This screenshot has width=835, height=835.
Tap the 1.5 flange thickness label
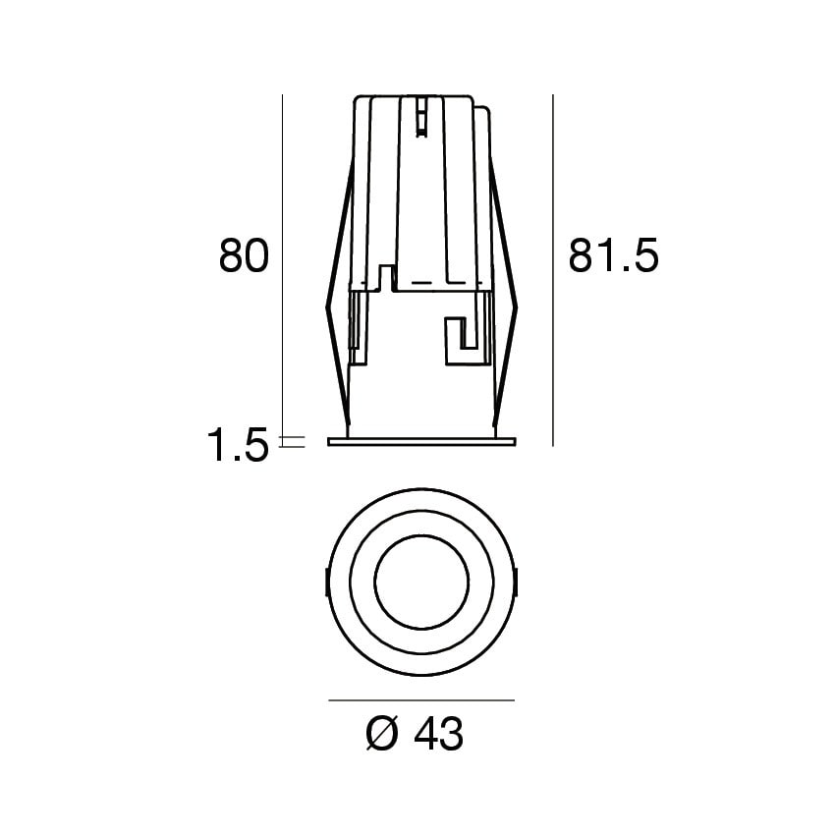[x=237, y=446]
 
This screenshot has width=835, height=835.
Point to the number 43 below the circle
[x=438, y=734]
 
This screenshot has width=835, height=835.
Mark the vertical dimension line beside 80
[x=282, y=265]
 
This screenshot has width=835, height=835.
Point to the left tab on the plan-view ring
[x=326, y=584]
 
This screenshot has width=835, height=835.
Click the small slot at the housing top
[x=421, y=116]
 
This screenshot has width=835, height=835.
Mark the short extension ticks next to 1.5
[x=292, y=442]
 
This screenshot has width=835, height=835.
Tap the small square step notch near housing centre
[x=387, y=276]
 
